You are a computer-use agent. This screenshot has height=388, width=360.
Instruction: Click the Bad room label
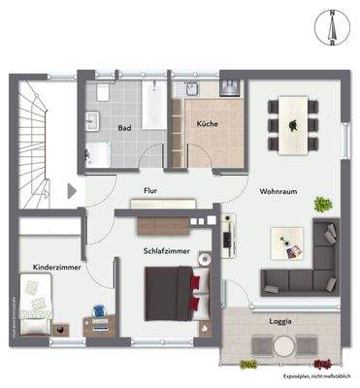124,127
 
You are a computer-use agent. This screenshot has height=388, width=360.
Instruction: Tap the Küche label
207,123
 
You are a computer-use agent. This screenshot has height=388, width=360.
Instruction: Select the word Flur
150,192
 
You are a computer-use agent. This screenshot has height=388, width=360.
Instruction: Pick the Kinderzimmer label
55,264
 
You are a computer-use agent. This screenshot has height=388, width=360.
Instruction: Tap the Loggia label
281,319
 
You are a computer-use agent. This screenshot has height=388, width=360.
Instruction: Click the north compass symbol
332,27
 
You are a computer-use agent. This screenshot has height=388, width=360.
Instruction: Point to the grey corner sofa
306,264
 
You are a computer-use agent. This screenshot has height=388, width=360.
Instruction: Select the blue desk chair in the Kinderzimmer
98,312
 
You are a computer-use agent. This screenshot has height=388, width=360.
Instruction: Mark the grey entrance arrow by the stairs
71,191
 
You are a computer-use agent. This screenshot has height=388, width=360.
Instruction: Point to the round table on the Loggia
283,346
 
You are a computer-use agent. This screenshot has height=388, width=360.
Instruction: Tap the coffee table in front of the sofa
286,242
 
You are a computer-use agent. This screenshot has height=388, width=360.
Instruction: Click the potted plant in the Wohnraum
321,205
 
